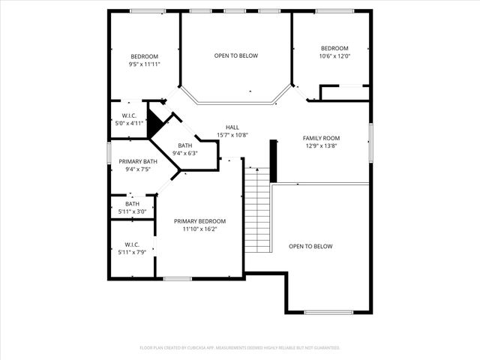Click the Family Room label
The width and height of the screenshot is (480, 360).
point(321,138)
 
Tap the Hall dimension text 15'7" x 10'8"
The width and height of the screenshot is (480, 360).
point(232,135)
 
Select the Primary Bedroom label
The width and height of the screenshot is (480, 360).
point(199,221)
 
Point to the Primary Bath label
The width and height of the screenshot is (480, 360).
point(138,162)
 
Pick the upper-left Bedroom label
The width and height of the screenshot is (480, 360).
point(145,57)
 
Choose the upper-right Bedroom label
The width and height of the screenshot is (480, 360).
point(334,49)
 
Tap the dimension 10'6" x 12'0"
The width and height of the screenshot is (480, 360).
point(334,56)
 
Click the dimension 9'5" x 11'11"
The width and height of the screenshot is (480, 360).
point(145,64)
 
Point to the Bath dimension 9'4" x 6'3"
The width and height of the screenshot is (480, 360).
point(184,153)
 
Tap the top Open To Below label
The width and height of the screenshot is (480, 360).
point(236,55)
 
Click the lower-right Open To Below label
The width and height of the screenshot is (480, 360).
point(310,246)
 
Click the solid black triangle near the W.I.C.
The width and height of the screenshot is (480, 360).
point(154,122)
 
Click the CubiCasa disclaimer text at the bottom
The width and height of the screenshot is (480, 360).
point(240,348)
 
